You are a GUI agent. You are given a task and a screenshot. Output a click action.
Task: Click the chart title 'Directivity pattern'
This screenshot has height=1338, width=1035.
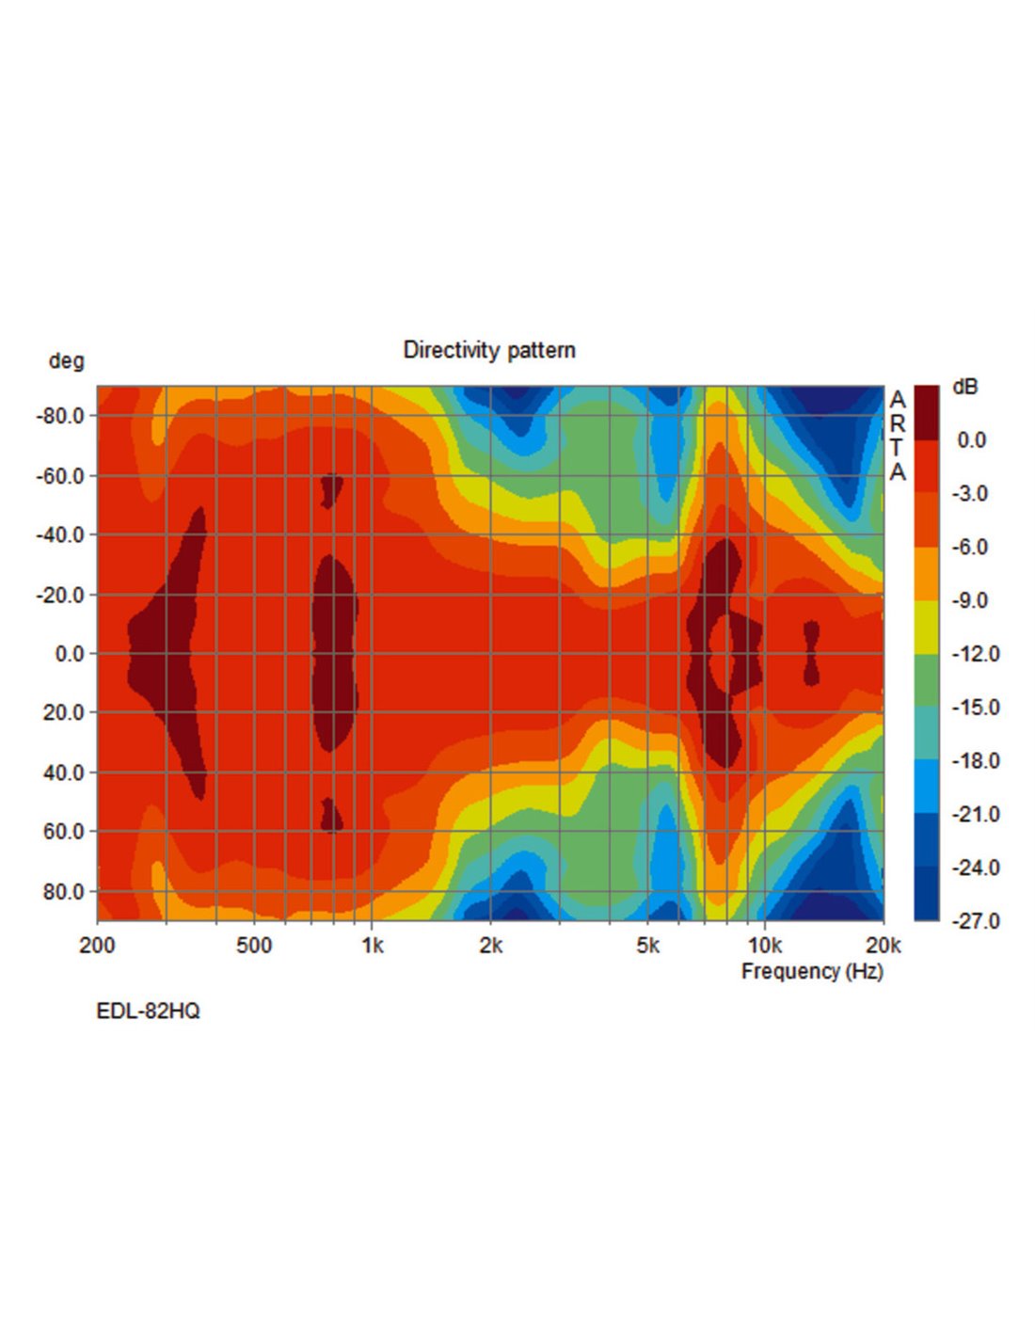coord(488,350)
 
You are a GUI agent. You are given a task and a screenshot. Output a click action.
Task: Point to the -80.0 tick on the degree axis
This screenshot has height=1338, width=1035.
coord(60,416)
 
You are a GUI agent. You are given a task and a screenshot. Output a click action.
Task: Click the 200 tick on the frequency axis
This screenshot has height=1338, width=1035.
coord(97,946)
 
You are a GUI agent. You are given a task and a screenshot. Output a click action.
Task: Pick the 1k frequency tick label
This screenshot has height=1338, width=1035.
coord(373,946)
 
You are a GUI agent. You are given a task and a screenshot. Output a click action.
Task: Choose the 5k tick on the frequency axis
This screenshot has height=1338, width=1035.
coord(647,946)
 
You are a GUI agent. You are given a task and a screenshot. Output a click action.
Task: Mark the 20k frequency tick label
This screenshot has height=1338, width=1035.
coord(883,946)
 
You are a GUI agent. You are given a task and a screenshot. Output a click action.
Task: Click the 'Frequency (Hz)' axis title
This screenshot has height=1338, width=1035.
coord(812,971)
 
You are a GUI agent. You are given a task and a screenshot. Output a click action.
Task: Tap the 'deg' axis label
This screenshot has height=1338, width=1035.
coord(66,361)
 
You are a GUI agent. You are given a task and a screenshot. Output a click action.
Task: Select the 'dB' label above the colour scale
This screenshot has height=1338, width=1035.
coord(964,387)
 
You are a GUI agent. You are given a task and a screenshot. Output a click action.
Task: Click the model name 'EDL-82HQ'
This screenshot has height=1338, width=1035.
coord(148,1011)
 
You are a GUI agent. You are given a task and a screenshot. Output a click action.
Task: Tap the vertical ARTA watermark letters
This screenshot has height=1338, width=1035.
coord(897,436)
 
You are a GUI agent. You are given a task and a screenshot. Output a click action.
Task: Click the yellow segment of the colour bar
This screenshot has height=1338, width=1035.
coord(926,627)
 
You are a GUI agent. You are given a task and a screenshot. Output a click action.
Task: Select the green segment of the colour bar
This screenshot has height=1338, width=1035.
coord(926,680)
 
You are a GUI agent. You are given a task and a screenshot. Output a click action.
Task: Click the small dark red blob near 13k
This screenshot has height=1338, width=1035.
coord(811,652)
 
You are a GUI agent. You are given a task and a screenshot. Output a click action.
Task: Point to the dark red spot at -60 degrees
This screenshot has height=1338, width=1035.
coord(331,489)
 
